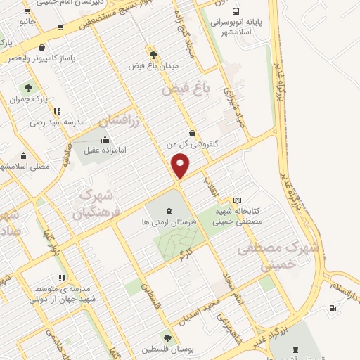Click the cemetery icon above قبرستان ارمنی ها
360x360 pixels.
coord(169,210)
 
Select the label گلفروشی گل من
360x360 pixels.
coord(193,143)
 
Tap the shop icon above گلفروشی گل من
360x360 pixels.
coord(193,133)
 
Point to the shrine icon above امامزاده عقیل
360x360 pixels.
coord(105,139)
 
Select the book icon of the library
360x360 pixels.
coord(237,200)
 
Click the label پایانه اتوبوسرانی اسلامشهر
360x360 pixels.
coord(237,27)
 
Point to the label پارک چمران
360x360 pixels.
coord(27,100)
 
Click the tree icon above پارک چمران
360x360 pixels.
coord(28,89)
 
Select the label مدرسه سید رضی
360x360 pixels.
coord(57,122)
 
